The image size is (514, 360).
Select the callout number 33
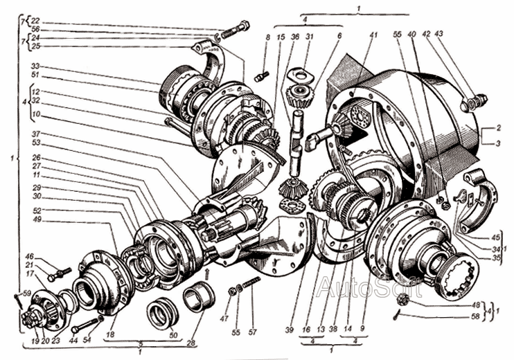pyautogui.click(x=35, y=66)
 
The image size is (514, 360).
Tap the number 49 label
pyautogui.click(x=35, y=220)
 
